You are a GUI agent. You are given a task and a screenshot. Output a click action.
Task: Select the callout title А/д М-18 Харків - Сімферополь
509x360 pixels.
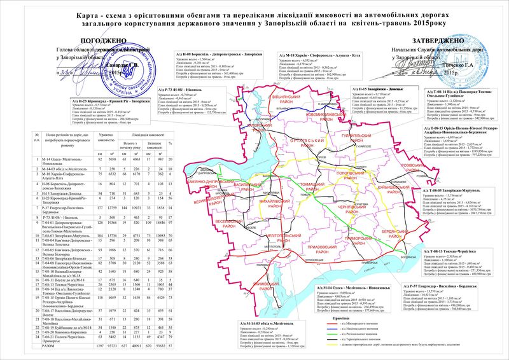point(317,57)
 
